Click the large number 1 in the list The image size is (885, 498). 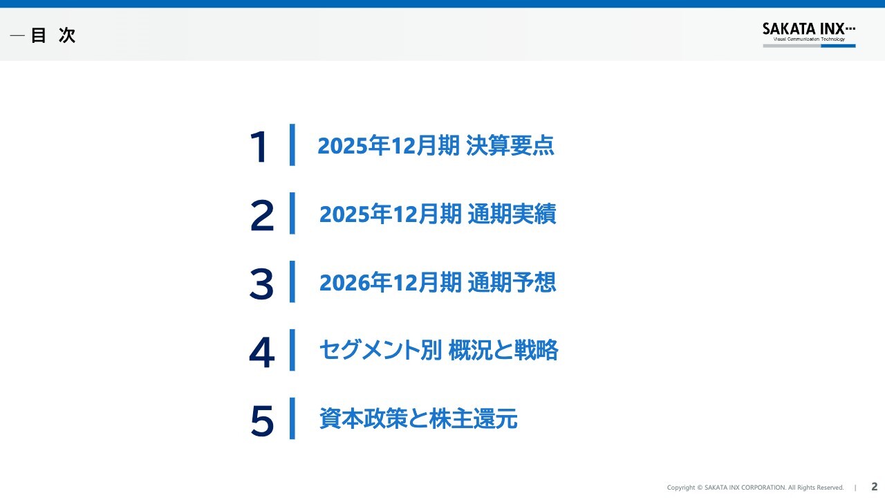click(259, 147)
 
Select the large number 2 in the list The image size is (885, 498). click(261, 215)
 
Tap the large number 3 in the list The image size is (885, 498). click(261, 284)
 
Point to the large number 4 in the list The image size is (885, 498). click(261, 352)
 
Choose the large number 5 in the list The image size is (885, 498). click(261, 421)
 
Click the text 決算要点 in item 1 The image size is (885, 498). click(510, 146)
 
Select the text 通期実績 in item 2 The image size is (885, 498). click(512, 214)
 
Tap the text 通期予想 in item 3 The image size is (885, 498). click(512, 283)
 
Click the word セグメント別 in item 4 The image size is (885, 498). click(380, 351)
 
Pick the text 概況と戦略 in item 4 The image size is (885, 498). click(503, 351)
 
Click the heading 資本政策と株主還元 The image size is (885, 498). click(418, 419)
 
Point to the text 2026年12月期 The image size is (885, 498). click(391, 283)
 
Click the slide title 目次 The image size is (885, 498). click(53, 36)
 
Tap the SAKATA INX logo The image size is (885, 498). click(808, 29)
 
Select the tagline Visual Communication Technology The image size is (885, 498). click(808, 40)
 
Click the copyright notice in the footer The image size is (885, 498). click(755, 488)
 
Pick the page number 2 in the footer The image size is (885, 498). click(874, 486)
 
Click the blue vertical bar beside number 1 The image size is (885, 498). click(292, 145)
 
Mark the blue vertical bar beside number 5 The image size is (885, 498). click(292, 418)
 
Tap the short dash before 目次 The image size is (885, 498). click(17, 36)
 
